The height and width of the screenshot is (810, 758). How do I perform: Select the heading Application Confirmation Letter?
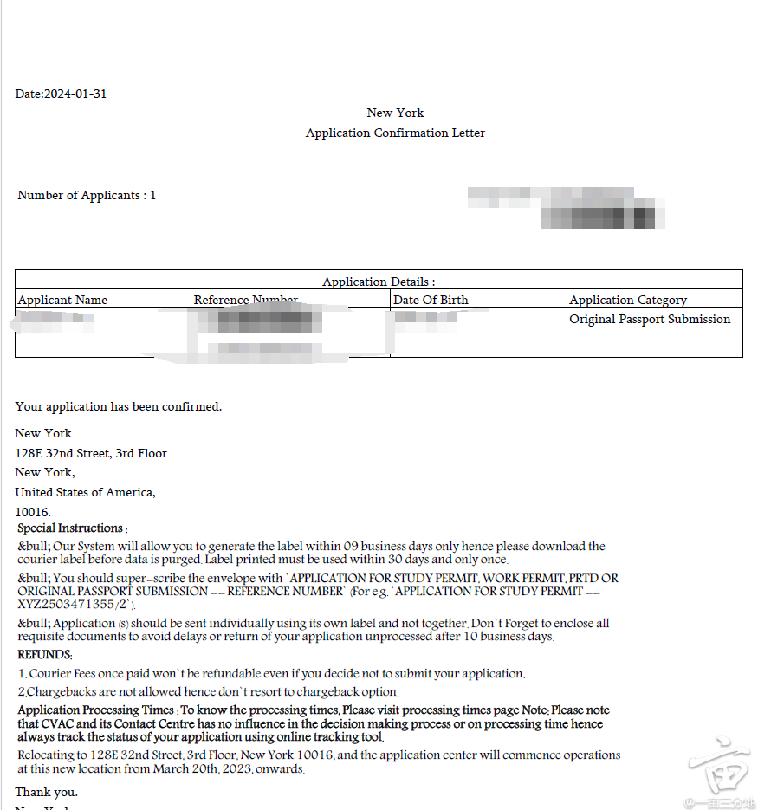[395, 133]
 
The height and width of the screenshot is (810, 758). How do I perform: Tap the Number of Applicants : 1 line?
[87, 196]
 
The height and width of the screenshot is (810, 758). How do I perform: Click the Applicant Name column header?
[62, 300]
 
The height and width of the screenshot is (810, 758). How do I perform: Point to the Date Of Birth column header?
[431, 300]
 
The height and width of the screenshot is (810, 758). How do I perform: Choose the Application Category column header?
[628, 300]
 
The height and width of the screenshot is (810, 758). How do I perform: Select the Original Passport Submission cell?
[650, 320]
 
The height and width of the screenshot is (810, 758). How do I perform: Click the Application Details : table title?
[379, 282]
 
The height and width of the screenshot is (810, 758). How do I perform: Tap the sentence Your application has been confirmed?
[119, 406]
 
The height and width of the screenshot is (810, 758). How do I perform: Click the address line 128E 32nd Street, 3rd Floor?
[91, 453]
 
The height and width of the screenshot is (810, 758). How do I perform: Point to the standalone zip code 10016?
[33, 513]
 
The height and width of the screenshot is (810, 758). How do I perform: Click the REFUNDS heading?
[45, 656]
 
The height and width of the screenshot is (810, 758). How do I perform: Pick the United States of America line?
[85, 493]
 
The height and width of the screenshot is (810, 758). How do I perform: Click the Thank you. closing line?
[46, 792]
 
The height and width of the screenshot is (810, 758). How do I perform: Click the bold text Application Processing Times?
[95, 710]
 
